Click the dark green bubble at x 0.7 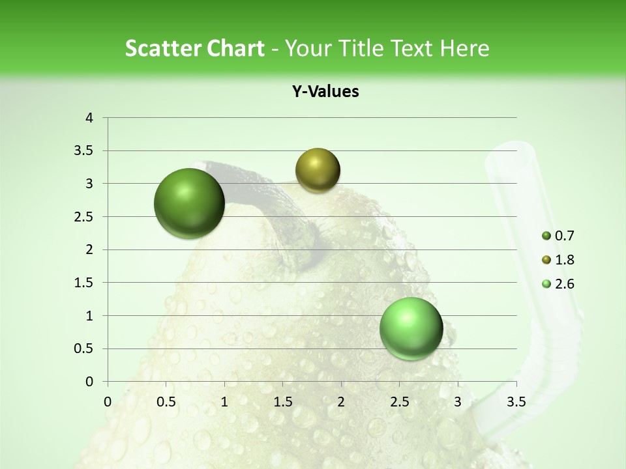click(x=190, y=203)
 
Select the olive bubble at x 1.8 click(x=318, y=170)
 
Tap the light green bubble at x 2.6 click(x=411, y=328)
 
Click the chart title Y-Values click(x=325, y=92)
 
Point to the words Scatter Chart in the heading click(x=194, y=48)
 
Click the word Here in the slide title click(x=464, y=48)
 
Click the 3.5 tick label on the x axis click(x=516, y=402)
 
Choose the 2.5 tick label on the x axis click(x=399, y=402)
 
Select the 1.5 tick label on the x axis click(x=282, y=402)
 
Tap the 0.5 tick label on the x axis click(x=166, y=402)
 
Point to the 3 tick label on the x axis click(x=458, y=402)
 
